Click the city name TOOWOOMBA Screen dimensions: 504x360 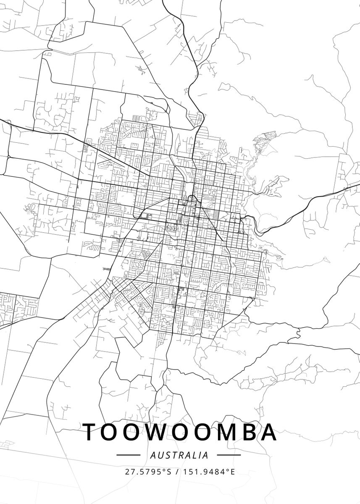pyautogui.click(x=180, y=432)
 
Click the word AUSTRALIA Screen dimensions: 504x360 pyautogui.click(x=179, y=455)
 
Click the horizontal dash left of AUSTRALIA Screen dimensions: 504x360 pyautogui.click(x=128, y=455)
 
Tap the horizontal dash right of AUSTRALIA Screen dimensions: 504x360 pyautogui.click(x=229, y=455)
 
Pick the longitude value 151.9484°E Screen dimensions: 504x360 pyautogui.click(x=209, y=472)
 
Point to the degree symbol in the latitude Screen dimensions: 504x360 pyautogui.click(x=165, y=470)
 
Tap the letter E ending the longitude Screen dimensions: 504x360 pyautogui.click(x=233, y=472)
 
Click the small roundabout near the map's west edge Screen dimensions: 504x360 pyautogui.click(x=8, y=157)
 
